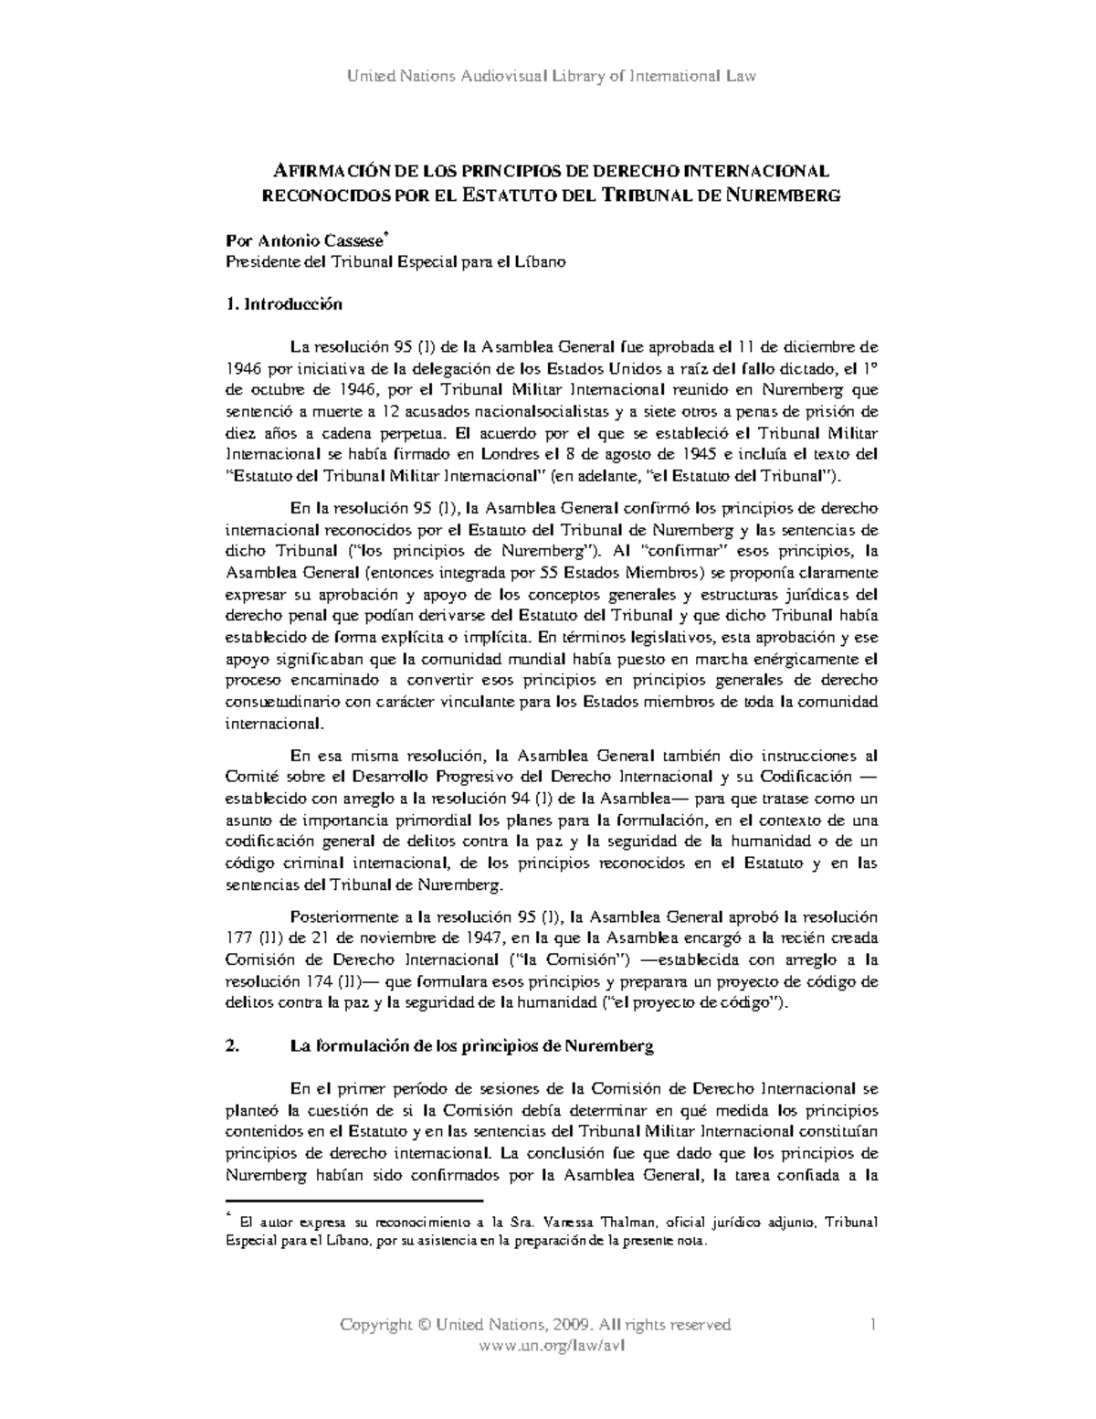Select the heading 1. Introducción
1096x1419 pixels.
283,304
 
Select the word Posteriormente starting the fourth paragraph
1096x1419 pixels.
338,916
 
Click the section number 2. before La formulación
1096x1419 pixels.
232,1047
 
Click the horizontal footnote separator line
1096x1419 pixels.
353,1200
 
